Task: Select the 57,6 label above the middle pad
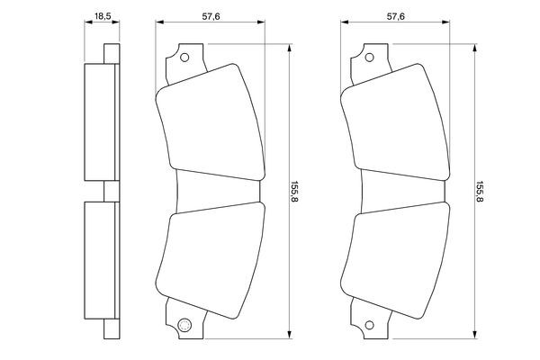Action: click(x=211, y=15)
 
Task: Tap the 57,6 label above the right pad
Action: click(x=395, y=15)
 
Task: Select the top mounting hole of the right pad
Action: click(x=368, y=58)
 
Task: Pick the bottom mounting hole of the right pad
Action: click(x=368, y=325)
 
